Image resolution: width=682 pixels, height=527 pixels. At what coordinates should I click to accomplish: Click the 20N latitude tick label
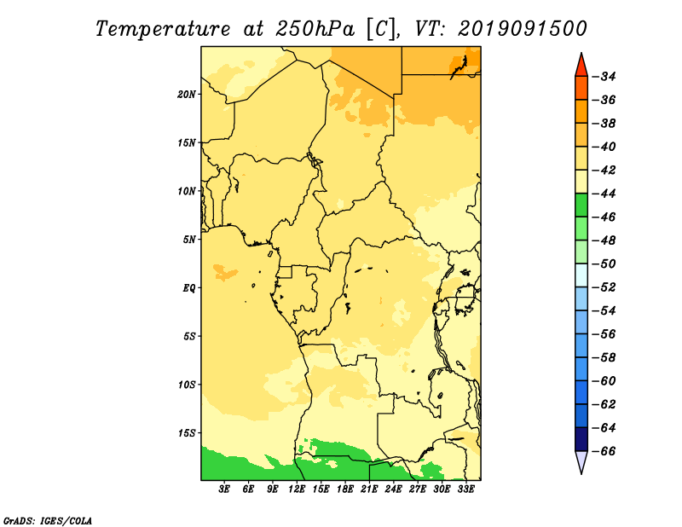click(x=187, y=95)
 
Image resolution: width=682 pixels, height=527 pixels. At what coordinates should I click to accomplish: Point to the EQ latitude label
click(x=188, y=288)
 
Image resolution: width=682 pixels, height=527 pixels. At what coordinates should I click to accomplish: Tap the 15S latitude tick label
click(x=187, y=433)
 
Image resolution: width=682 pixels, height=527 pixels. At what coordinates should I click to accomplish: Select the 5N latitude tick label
click(x=189, y=240)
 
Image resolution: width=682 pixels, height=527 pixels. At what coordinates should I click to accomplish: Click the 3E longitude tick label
click(x=224, y=489)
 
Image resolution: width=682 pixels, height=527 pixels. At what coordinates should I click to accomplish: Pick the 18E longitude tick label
click(x=345, y=489)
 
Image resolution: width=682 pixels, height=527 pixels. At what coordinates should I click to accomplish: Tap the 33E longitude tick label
click(x=465, y=489)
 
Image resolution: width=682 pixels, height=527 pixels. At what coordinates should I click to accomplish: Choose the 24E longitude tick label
click(x=393, y=489)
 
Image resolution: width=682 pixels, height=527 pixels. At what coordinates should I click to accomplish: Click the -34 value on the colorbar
click(x=604, y=77)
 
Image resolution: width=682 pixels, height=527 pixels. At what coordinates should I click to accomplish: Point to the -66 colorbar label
click(x=604, y=451)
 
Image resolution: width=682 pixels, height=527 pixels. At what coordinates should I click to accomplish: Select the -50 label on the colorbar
click(x=604, y=263)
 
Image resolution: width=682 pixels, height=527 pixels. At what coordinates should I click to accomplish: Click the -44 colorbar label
click(x=604, y=194)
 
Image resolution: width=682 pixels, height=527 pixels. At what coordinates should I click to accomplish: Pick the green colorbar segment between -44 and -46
click(x=581, y=206)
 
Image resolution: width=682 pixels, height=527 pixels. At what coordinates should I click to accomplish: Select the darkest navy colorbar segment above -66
click(x=581, y=439)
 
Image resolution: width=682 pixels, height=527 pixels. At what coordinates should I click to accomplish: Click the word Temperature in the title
click(x=162, y=29)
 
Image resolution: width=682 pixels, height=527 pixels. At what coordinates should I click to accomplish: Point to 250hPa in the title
click(x=315, y=29)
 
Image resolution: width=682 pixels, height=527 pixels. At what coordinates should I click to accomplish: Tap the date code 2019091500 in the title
click(x=523, y=29)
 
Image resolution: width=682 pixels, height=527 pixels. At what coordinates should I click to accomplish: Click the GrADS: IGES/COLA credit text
click(x=48, y=520)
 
